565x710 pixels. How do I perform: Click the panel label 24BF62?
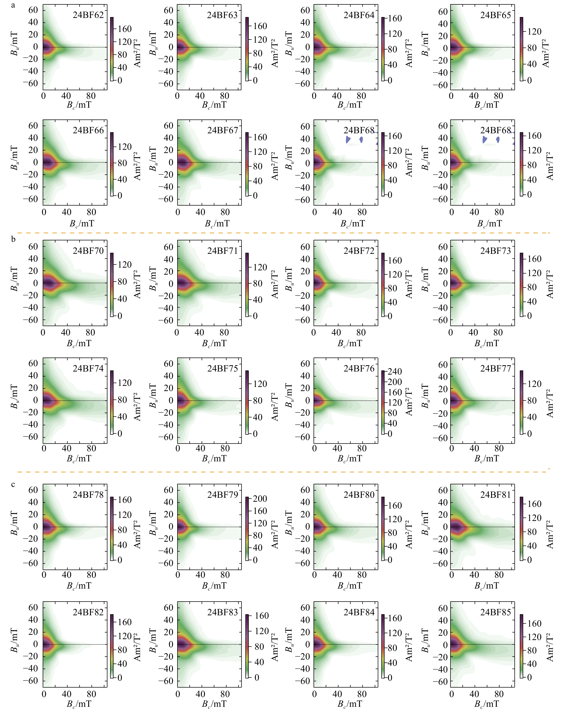(x=88, y=15)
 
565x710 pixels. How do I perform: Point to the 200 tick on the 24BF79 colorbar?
(x=260, y=499)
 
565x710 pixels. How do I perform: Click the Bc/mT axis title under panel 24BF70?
(x=79, y=344)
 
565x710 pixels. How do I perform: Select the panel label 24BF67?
(x=223, y=130)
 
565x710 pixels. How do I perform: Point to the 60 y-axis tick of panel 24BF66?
(x=33, y=125)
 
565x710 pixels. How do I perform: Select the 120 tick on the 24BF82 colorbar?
(x=125, y=636)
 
